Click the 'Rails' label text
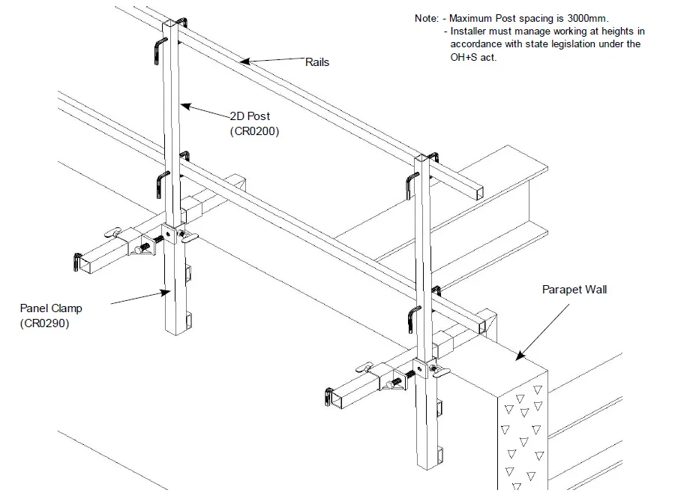[x=316, y=62]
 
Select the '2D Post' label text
[x=250, y=117]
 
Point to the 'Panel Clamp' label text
[x=52, y=308]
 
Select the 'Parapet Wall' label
[x=574, y=290]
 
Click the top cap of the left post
[x=173, y=26]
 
